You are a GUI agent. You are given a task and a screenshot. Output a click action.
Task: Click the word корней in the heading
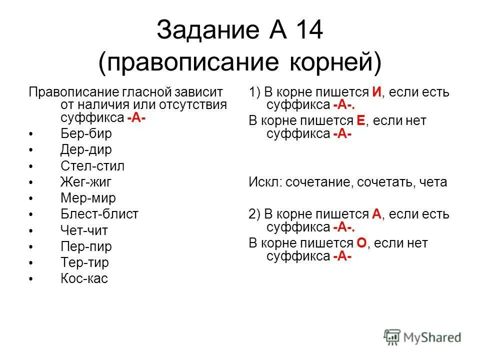point(326,62)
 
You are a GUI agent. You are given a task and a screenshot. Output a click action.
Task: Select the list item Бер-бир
point(85,133)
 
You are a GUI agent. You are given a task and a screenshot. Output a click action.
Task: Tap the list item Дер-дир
point(85,149)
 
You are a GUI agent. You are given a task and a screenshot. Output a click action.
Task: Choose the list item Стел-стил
point(92,165)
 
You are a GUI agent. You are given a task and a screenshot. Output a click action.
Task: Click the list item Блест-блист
point(99,214)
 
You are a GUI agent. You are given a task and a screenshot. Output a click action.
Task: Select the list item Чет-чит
point(83,230)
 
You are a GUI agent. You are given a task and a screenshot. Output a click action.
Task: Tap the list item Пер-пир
point(85,246)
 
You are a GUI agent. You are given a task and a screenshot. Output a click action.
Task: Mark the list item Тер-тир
point(84,262)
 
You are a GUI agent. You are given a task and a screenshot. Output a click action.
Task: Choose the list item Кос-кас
point(83,278)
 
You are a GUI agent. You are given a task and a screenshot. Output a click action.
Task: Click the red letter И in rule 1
point(376,92)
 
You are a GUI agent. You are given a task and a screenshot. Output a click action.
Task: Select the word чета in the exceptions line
point(433,182)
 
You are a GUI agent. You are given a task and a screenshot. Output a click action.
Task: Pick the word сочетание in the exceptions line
point(315,182)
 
